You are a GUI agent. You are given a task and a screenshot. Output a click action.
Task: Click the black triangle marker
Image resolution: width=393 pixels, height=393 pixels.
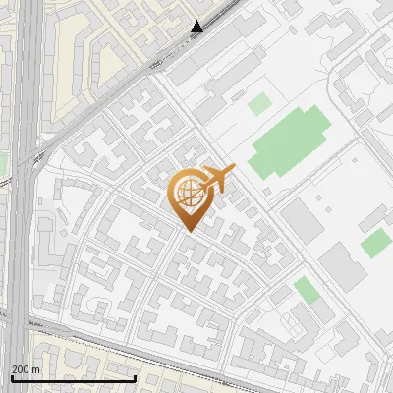point(197,27)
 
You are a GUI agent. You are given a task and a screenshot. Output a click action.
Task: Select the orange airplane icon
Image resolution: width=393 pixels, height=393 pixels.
point(217,179)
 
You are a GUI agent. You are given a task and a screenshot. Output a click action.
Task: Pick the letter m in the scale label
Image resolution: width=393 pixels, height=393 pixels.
point(36,369)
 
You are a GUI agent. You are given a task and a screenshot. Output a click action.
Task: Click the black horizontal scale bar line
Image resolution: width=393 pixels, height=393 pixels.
point(73,378)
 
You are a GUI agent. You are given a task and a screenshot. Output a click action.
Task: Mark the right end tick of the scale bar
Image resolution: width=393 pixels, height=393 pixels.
point(136,376)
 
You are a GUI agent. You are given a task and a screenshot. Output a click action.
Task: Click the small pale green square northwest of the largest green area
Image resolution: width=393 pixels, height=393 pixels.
point(258,103)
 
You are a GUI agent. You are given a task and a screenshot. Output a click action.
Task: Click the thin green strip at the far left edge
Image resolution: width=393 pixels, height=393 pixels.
point(2,162)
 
